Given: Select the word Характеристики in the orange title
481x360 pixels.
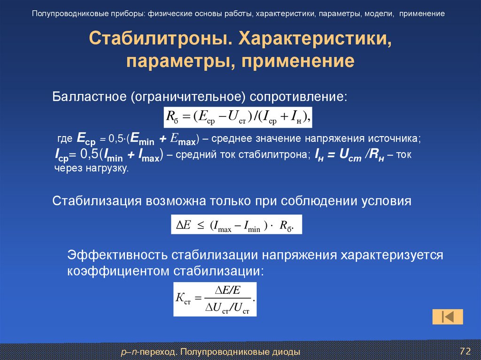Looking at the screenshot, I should (316, 39).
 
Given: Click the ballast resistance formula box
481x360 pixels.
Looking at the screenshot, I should (237, 116).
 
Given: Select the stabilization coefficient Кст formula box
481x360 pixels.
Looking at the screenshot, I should (215, 299).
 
